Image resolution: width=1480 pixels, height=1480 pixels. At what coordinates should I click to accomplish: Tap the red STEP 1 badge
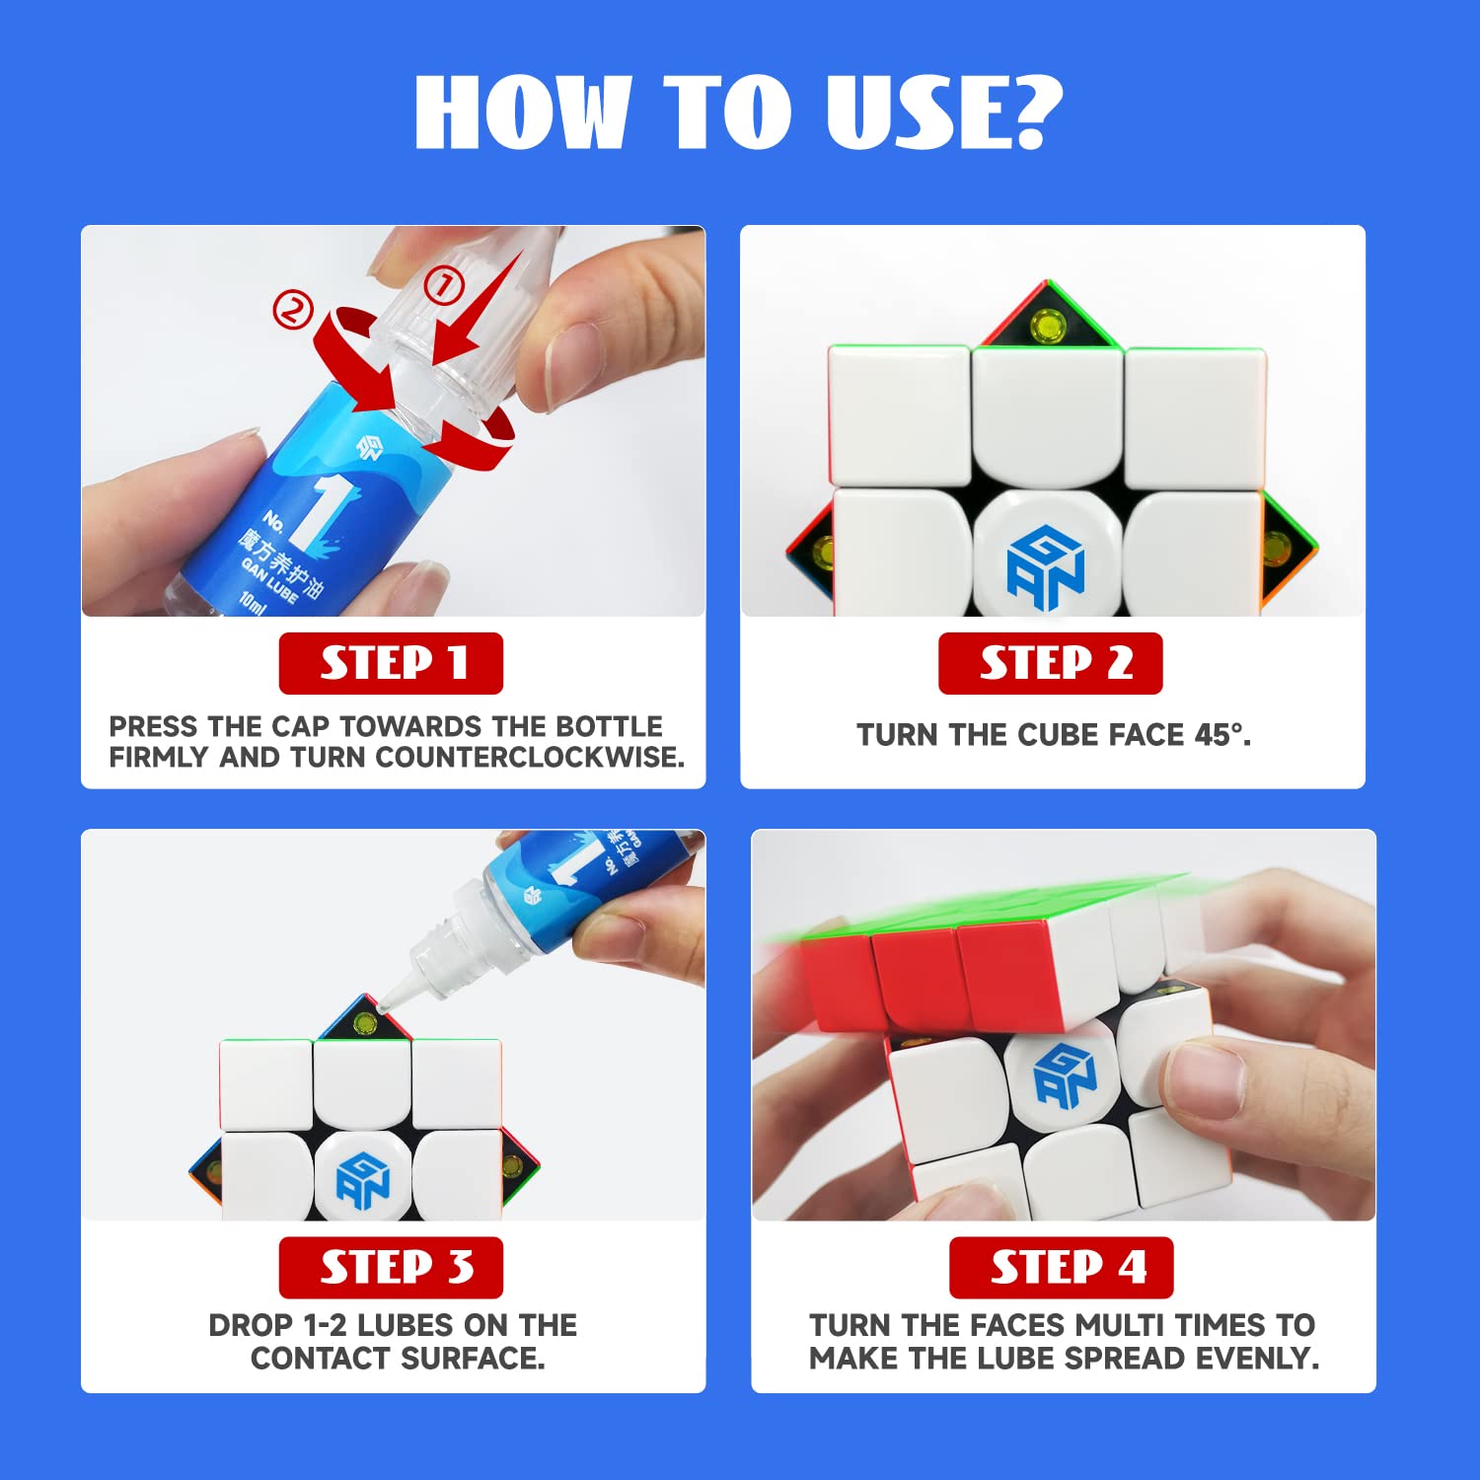(391, 663)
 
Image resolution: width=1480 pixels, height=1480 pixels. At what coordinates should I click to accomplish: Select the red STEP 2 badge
(1050, 663)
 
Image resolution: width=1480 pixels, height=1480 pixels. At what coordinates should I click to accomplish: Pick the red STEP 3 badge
(391, 1267)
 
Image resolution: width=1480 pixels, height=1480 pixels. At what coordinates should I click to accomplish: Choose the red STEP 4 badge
(1061, 1267)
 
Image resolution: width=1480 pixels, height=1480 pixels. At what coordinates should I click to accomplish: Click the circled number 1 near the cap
(443, 287)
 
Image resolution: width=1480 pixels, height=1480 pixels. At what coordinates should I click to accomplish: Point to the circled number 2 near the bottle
(292, 311)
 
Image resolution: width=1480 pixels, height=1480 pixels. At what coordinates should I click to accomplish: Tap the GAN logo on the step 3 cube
(363, 1180)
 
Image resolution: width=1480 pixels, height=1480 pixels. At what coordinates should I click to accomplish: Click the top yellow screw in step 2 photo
(1048, 325)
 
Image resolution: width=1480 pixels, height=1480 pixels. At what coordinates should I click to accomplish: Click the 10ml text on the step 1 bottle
(253, 601)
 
